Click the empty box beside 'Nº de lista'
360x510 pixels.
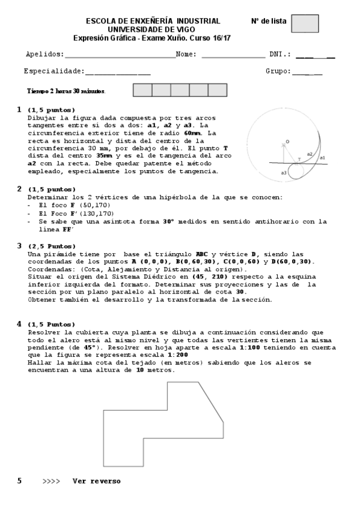(304, 23)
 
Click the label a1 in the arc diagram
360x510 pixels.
(323, 158)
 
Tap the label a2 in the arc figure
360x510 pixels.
(310, 154)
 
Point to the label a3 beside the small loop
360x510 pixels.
(284, 173)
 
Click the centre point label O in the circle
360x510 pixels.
(287, 141)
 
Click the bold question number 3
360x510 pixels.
(19, 246)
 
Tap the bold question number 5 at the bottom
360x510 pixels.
(19, 481)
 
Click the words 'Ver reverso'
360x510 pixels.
(96, 481)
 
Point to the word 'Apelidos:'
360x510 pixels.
(45, 54)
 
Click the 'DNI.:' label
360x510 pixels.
(280, 54)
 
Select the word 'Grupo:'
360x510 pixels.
(278, 71)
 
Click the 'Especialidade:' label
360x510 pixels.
(54, 71)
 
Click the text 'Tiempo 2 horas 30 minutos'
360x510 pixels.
(66, 91)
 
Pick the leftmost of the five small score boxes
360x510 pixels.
(142, 90)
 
